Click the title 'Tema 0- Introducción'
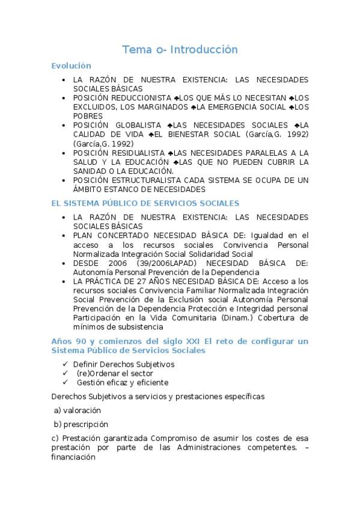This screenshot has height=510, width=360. pos(180,49)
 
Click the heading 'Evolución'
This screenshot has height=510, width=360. pos(71,66)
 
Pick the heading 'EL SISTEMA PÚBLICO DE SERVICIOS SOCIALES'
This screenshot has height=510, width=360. pos(145,203)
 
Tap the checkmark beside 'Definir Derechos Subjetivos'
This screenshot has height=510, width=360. pos(65,364)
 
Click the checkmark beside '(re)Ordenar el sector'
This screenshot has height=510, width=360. pos(65,373)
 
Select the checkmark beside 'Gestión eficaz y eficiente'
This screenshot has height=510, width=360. pos(65,382)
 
